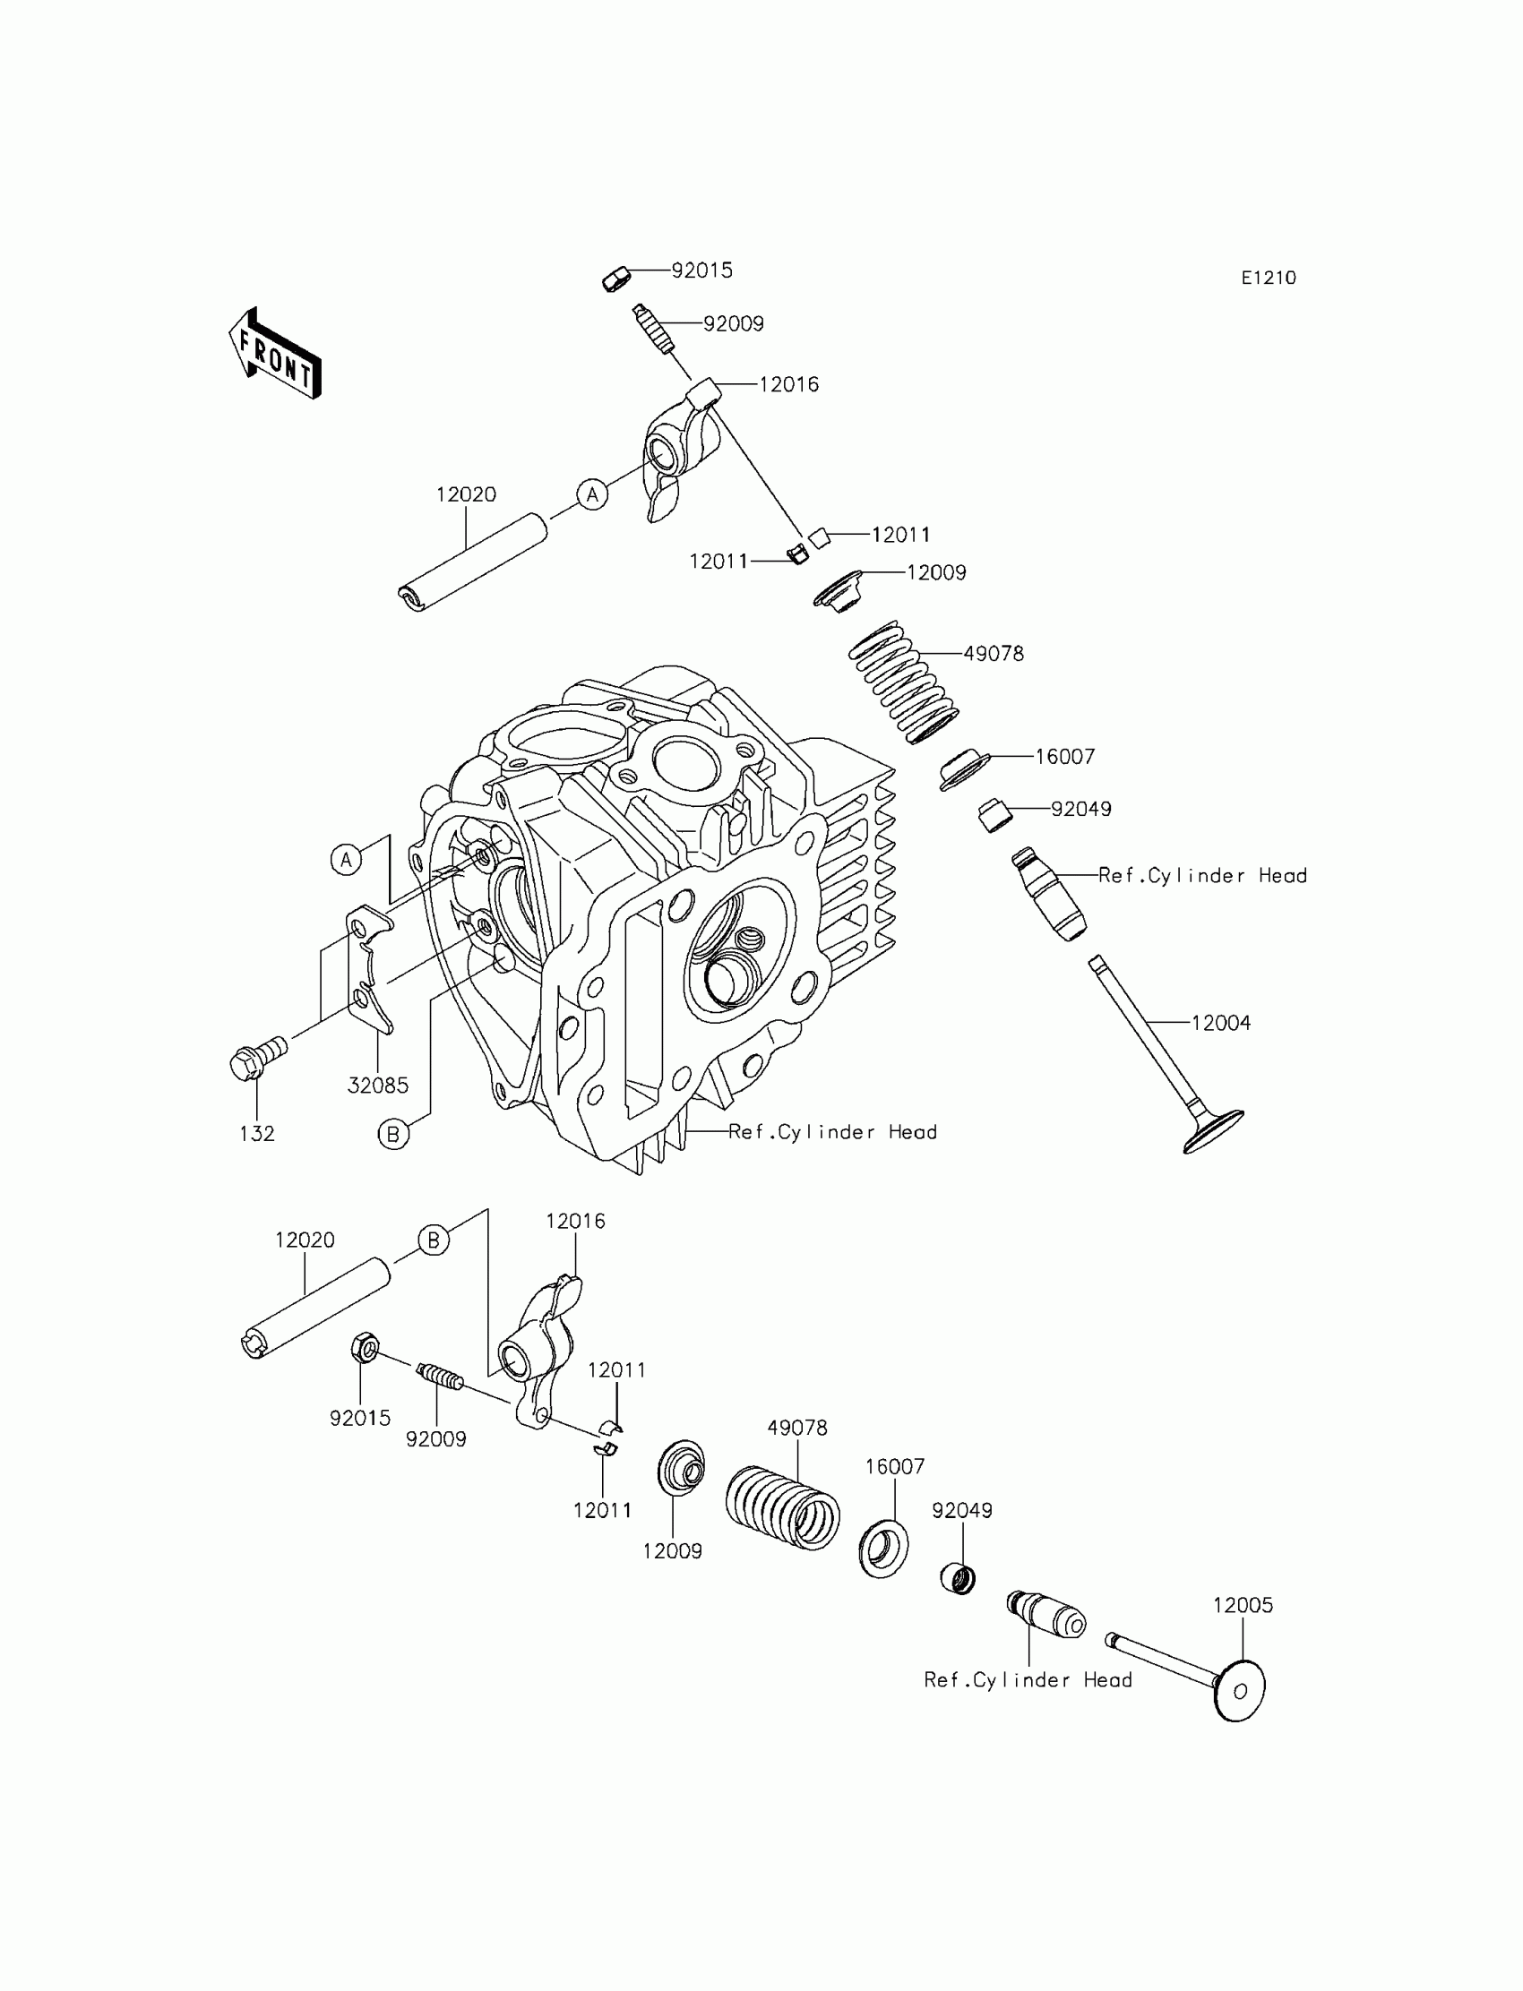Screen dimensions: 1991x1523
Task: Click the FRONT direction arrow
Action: pos(275,355)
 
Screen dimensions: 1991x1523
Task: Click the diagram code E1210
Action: pos(1269,279)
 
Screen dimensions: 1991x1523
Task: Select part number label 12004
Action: pos(1220,1023)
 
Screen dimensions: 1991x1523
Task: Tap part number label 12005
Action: pos(1243,1605)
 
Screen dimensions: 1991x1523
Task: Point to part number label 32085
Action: pos(378,1085)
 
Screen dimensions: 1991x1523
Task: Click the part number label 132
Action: pos(256,1134)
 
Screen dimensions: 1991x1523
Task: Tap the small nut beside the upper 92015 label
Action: pos(615,278)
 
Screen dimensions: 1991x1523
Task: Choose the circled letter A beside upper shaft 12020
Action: pos(592,493)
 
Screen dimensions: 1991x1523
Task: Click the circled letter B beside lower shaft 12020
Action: pos(434,1240)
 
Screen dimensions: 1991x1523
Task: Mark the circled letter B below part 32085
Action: pos(393,1134)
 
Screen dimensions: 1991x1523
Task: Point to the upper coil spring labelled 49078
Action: pos(903,682)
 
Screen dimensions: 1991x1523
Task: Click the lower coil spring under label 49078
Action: pos(783,1509)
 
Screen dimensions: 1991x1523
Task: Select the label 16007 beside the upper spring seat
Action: pos(1065,757)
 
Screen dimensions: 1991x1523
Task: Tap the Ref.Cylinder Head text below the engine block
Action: pos(832,1132)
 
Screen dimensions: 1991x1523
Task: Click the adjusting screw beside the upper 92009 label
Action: pos(652,330)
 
